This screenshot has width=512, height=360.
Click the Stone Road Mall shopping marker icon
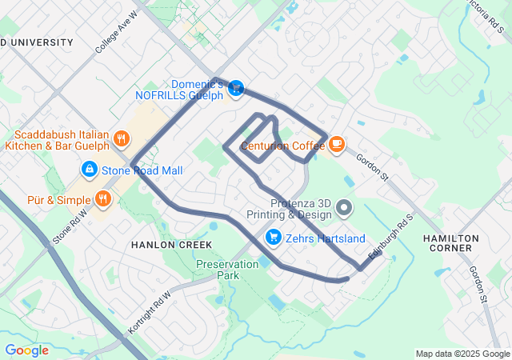click(x=89, y=170)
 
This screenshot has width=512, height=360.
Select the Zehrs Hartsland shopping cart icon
click(x=274, y=238)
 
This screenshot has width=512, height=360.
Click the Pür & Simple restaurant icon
click(x=102, y=198)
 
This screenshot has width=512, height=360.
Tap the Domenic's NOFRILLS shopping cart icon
click(x=236, y=90)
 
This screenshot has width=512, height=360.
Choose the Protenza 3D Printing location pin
click(x=345, y=209)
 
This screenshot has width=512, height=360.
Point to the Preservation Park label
click(x=218, y=270)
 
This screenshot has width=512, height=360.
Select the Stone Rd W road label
click(x=70, y=226)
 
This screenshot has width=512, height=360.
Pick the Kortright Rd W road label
click(x=150, y=312)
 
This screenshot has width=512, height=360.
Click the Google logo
click(x=26, y=350)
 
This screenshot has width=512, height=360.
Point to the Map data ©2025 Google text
click(x=462, y=354)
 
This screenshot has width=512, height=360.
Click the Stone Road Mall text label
click(x=142, y=170)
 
